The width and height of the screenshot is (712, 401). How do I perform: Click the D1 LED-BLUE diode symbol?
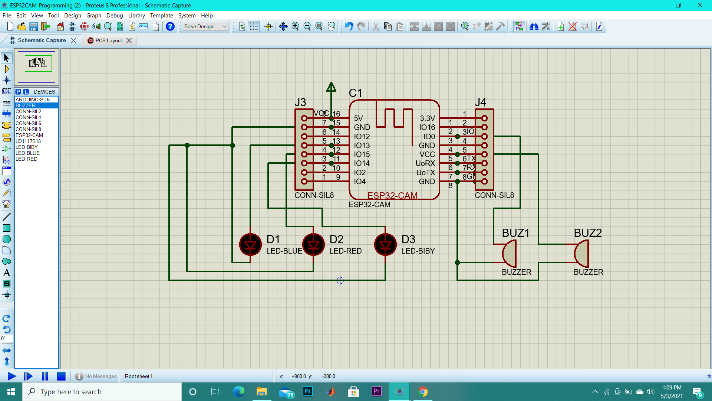[250, 245]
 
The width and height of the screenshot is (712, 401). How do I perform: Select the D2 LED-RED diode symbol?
[313, 245]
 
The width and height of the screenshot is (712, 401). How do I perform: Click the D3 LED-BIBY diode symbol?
[385, 245]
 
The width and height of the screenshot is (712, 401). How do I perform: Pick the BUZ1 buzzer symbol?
[510, 254]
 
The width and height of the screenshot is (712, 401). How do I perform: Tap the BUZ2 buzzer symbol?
[581, 254]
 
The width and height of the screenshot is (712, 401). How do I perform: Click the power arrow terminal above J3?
[331, 88]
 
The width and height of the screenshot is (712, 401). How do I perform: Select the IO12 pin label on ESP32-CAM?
[362, 137]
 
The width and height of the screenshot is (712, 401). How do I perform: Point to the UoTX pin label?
[425, 173]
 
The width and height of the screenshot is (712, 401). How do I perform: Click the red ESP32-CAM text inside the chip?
[392, 195]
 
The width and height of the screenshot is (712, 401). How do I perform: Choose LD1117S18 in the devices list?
[28, 141]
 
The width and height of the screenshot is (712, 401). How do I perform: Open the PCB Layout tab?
[108, 40]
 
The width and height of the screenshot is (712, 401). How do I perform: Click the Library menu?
[136, 16]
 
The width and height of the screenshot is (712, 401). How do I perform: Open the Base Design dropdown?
[205, 26]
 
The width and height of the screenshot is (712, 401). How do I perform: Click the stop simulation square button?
[61, 376]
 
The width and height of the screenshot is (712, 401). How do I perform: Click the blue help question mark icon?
[170, 26]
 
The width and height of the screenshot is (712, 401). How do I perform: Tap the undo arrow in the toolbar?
[349, 26]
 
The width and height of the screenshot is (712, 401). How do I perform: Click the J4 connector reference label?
[480, 102]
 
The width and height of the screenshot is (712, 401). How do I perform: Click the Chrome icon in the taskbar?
[423, 392]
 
